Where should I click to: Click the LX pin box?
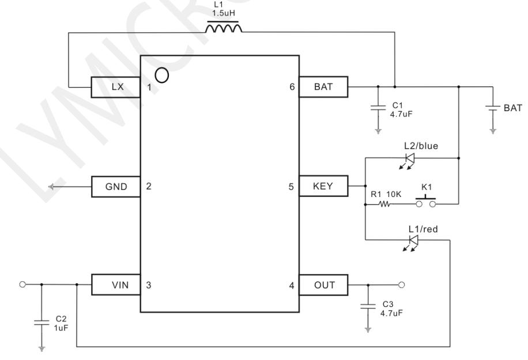pyautogui.click(x=115, y=87)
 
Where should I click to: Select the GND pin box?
pyautogui.click(x=116, y=187)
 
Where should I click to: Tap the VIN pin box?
pyautogui.click(x=116, y=285)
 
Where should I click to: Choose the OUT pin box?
pyautogui.click(x=323, y=285)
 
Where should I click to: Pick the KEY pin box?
pyautogui.click(x=323, y=185)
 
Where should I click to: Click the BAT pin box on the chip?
pyautogui.click(x=323, y=87)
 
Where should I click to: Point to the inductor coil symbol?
pyautogui.click(x=223, y=27)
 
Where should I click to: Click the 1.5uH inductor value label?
pyautogui.click(x=223, y=13)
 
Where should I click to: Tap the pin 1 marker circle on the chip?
pyautogui.click(x=162, y=75)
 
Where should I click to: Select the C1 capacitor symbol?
pyautogui.click(x=378, y=108)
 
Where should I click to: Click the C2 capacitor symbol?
pyautogui.click(x=42, y=323)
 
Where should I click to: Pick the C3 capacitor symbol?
pyautogui.click(x=368, y=306)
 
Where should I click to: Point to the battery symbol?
pyautogui.click(x=493, y=108)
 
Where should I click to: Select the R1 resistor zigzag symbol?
pyautogui.click(x=384, y=204)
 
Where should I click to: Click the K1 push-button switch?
pyautogui.click(x=425, y=201)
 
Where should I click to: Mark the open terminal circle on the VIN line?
pyautogui.click(x=22, y=285)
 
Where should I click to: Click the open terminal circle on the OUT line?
pyautogui.click(x=401, y=285)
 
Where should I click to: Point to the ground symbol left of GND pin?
pyautogui.click(x=51, y=187)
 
